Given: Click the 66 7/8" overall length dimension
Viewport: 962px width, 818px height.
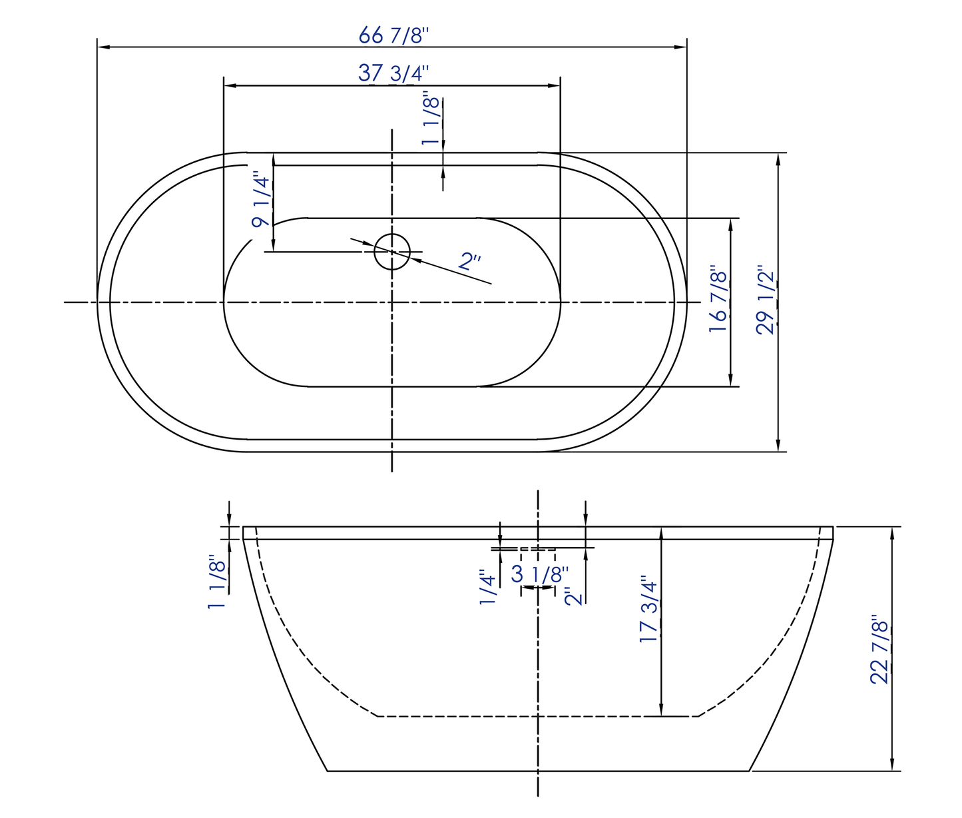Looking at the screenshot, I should (391, 35).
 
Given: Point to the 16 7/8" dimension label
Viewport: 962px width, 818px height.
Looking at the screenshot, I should (718, 302).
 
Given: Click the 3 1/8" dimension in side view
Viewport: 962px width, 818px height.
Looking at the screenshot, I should (540, 574).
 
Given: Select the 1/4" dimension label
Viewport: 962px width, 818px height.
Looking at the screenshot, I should (488, 587).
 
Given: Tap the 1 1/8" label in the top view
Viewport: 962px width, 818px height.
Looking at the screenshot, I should (431, 121).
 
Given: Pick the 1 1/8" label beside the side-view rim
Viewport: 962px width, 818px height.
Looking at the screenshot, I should (217, 582).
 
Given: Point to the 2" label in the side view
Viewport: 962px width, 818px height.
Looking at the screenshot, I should (574, 596).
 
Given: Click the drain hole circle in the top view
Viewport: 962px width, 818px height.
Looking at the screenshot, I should (392, 251).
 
